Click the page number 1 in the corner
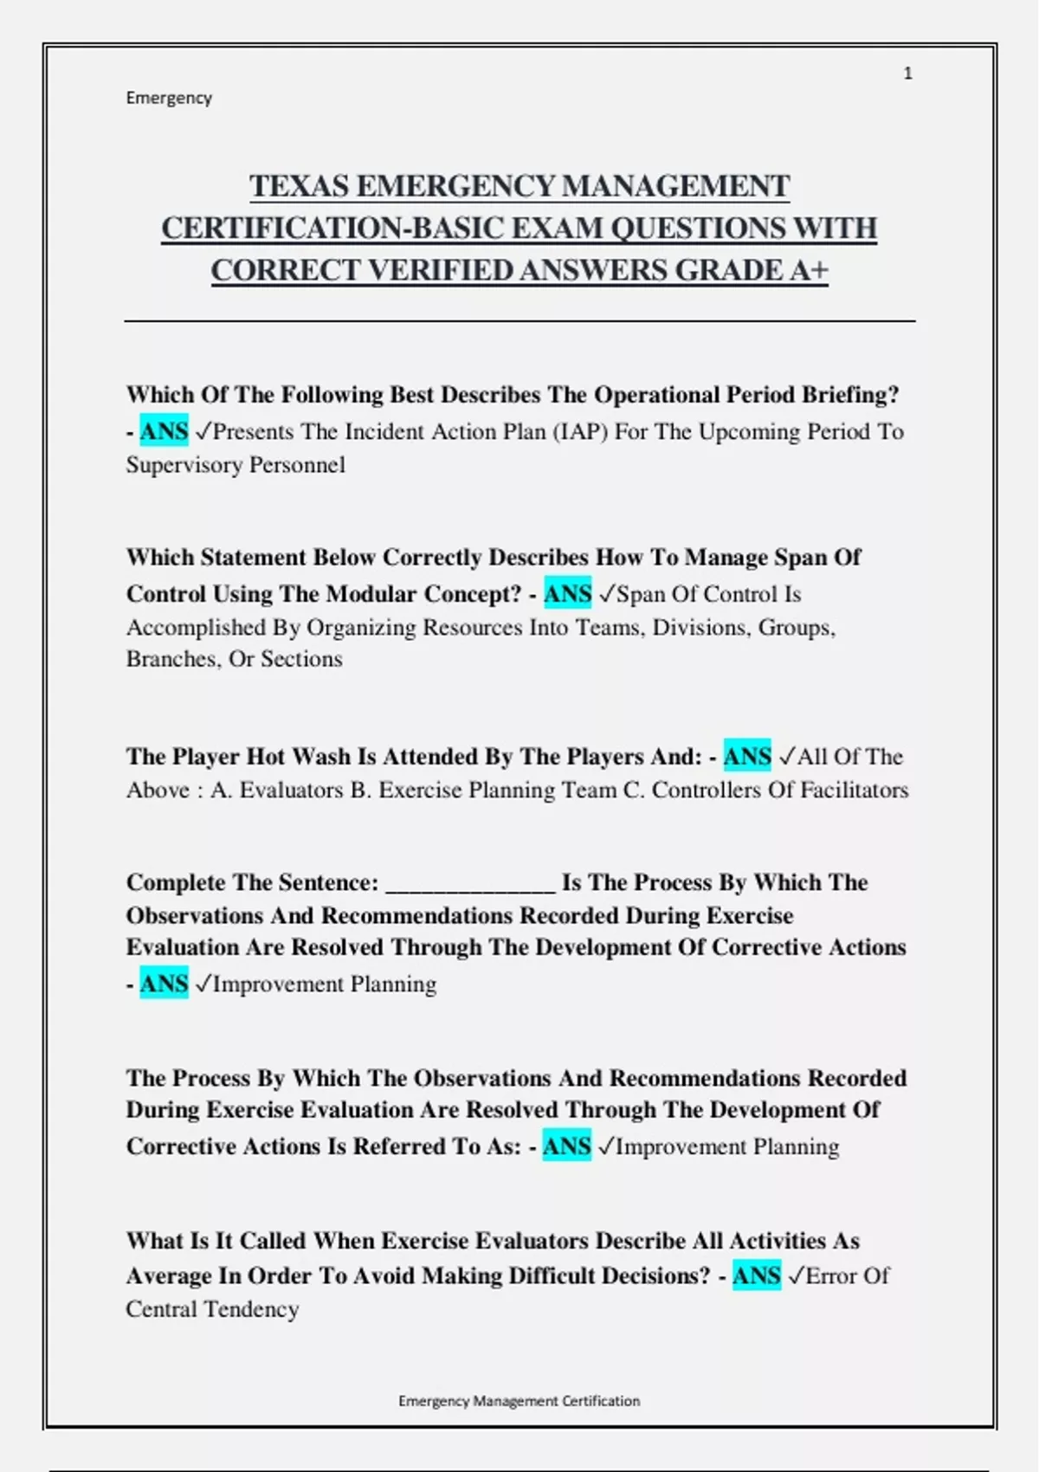[907, 74]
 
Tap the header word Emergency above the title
[169, 98]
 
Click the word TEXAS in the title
[299, 186]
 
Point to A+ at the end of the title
[809, 270]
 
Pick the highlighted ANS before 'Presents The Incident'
[164, 431]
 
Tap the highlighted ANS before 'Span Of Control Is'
[567, 594]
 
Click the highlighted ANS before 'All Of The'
[746, 757]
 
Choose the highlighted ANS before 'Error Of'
[756, 1275]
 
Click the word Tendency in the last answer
[251, 1309]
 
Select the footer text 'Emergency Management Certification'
[519, 1401]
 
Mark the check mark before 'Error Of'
[795, 1275]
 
